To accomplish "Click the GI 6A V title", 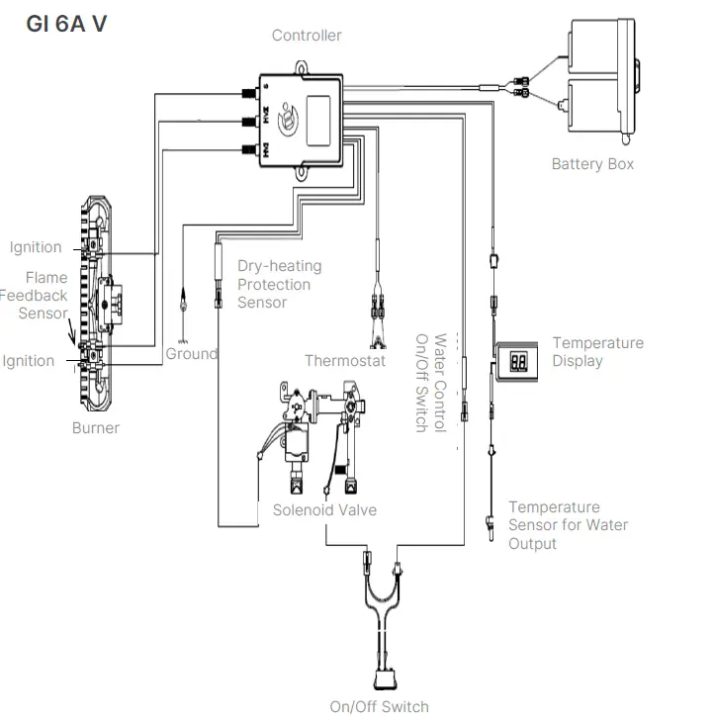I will pyautogui.click(x=65, y=24).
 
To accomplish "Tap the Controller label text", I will pyautogui.click(x=307, y=36).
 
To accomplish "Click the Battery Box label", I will pyautogui.click(x=592, y=164).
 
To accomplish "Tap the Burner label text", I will pyautogui.click(x=96, y=428).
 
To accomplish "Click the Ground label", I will pyautogui.click(x=191, y=354).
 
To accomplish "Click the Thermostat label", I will pyautogui.click(x=344, y=361).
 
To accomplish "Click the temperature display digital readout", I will pyautogui.click(x=518, y=361).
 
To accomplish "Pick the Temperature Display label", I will pyautogui.click(x=597, y=352).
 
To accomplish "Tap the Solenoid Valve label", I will pyautogui.click(x=324, y=510).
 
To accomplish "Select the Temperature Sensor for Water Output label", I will pyautogui.click(x=568, y=525).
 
